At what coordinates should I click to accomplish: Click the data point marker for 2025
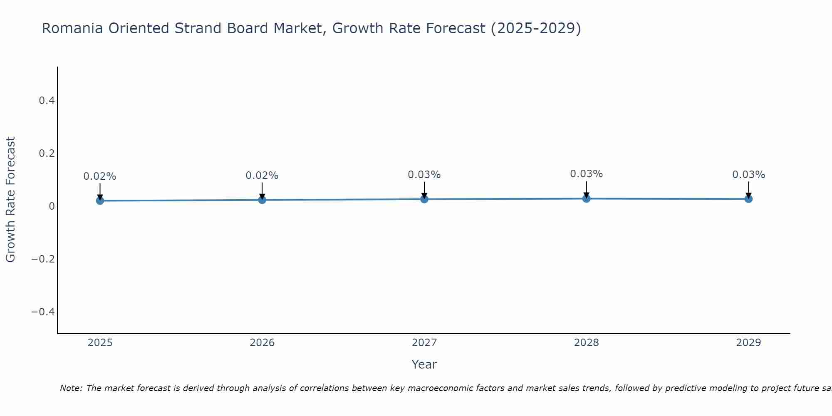(100, 201)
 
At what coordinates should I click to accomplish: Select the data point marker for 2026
(262, 200)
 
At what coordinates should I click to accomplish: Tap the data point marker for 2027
(424, 199)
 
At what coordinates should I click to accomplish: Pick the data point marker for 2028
(586, 198)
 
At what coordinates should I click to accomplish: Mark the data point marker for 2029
(748, 199)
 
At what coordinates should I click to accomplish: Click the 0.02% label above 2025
(100, 176)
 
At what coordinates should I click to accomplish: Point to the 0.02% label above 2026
(262, 176)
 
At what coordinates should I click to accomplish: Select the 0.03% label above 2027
(424, 175)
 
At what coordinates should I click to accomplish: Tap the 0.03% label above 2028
(586, 174)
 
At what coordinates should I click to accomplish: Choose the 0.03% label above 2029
(748, 175)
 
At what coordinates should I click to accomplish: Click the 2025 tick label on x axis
(100, 343)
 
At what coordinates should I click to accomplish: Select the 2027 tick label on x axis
(424, 343)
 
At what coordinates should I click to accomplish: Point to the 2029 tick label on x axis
(748, 343)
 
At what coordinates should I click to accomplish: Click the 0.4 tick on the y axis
(47, 101)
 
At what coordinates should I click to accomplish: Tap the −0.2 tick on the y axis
(43, 259)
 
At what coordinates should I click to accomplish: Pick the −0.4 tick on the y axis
(43, 312)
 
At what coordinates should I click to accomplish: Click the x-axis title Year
(424, 364)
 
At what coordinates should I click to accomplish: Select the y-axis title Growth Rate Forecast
(10, 200)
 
